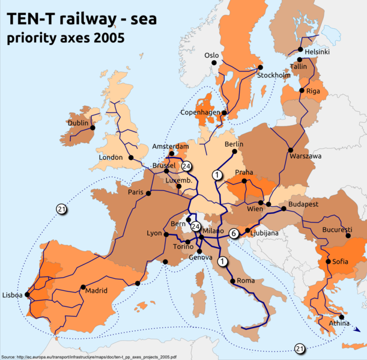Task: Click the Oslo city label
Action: pyautogui.click(x=211, y=55)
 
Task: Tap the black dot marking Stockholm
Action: pyautogui.click(x=260, y=67)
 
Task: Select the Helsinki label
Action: pyautogui.click(x=318, y=52)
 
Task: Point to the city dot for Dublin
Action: pyautogui.click(x=93, y=127)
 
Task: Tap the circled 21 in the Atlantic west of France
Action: pyautogui.click(x=61, y=209)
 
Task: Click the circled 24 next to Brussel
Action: pyautogui.click(x=186, y=166)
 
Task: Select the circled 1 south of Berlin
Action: pyautogui.click(x=217, y=174)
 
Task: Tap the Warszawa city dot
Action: pyautogui.click(x=290, y=149)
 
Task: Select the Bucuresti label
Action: pyautogui.click(x=337, y=230)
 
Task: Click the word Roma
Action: pyautogui.click(x=246, y=281)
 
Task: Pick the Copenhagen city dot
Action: pyautogui.click(x=223, y=112)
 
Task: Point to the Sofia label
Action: pyautogui.click(x=340, y=262)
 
